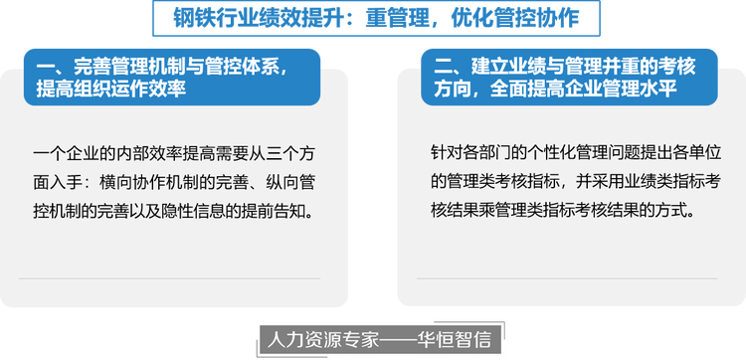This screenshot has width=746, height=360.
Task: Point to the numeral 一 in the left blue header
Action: click(45, 67)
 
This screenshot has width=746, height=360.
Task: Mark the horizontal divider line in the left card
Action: click(169, 278)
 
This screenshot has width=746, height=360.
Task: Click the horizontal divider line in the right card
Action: click(567, 278)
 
